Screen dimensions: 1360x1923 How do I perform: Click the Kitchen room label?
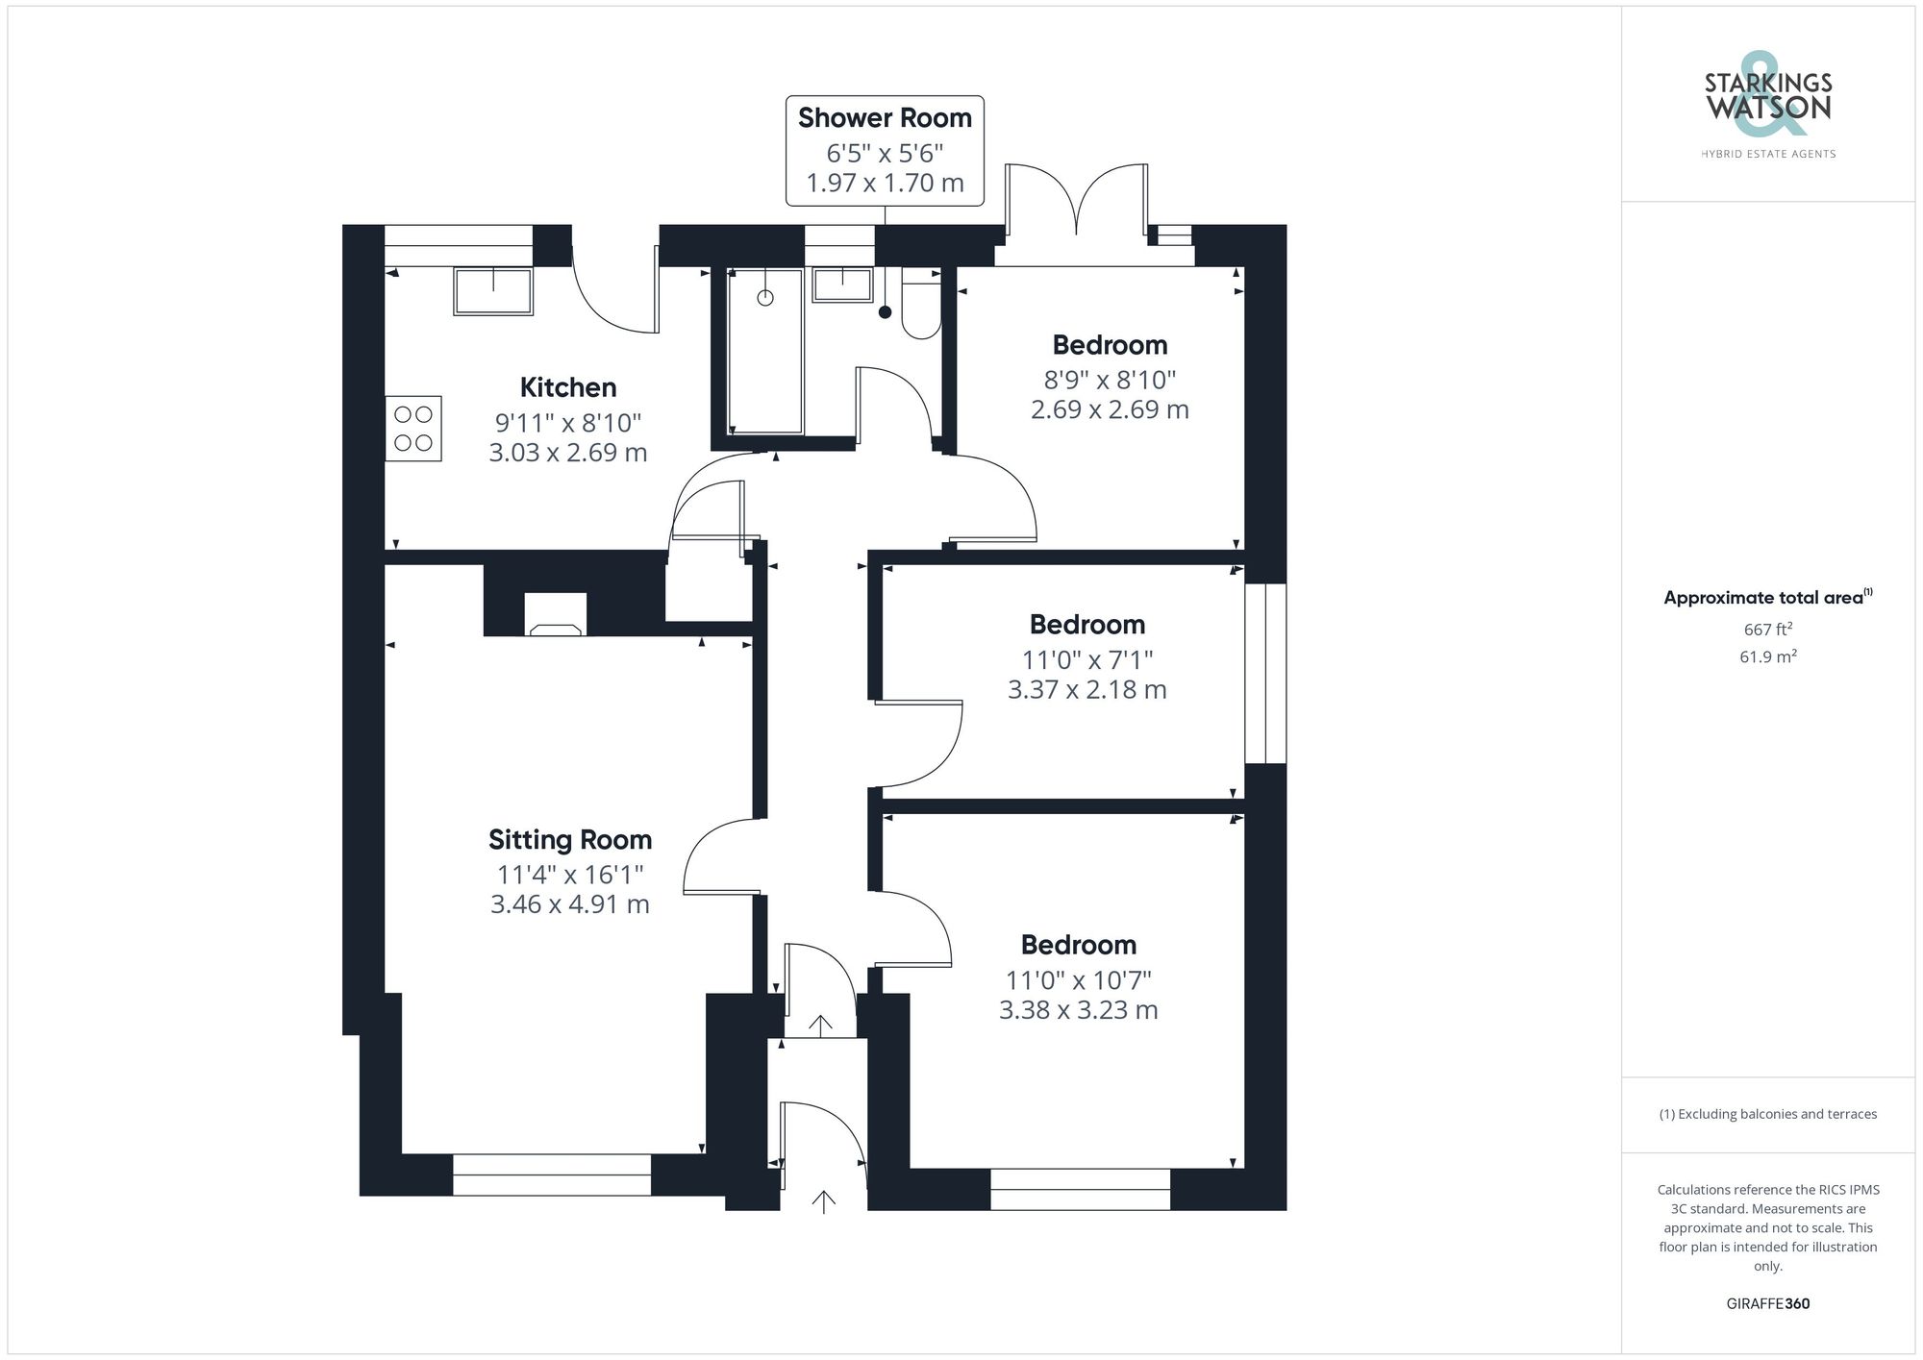click(567, 387)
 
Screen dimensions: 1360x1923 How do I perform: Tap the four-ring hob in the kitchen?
click(413, 429)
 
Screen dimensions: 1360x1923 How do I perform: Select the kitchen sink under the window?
click(493, 291)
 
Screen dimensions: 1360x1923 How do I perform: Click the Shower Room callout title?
click(885, 118)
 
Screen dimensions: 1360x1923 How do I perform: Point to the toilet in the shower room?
click(921, 305)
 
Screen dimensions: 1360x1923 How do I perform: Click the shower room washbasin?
click(842, 285)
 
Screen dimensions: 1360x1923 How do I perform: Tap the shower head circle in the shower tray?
click(765, 298)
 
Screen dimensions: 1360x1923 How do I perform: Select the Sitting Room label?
click(570, 840)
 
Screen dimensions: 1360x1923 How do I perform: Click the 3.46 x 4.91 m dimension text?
click(570, 904)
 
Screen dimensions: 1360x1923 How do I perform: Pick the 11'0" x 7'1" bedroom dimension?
click(1086, 660)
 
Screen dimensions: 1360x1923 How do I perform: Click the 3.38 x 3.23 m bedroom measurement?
click(1078, 1010)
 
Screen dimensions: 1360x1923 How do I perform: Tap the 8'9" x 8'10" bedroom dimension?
click(1110, 380)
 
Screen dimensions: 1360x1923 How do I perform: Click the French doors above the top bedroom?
click(1076, 207)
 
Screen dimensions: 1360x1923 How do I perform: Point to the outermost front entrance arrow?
click(823, 1200)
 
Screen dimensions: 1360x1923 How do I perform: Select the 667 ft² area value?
click(1767, 630)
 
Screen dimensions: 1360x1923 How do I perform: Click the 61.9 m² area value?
click(1767, 657)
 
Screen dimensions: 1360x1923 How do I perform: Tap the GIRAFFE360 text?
click(1767, 1303)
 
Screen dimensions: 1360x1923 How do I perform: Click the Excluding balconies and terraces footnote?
click(1767, 1114)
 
